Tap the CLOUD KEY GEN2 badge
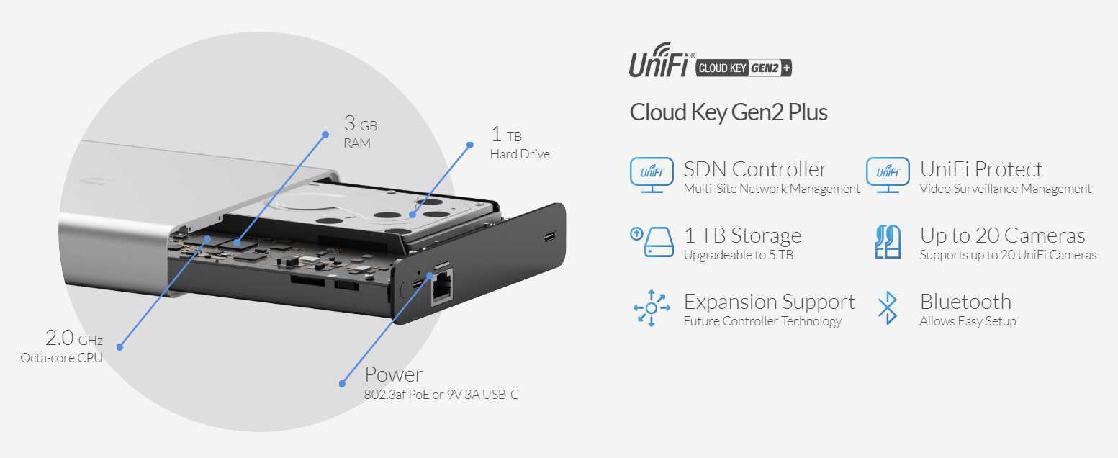click(x=744, y=68)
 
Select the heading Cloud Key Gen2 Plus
click(x=729, y=112)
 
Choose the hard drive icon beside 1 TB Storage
click(x=652, y=241)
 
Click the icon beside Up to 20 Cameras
click(x=888, y=241)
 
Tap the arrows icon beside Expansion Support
click(x=652, y=307)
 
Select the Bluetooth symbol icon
click(x=888, y=307)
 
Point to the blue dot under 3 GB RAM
click(x=324, y=134)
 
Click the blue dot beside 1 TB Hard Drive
click(x=470, y=145)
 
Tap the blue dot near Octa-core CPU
click(x=120, y=347)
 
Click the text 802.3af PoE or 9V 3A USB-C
click(x=441, y=395)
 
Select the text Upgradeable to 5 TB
click(x=738, y=255)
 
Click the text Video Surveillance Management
click(x=1005, y=189)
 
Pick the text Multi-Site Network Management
click(x=772, y=189)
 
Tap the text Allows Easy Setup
click(x=968, y=321)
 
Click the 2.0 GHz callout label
click(x=73, y=338)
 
